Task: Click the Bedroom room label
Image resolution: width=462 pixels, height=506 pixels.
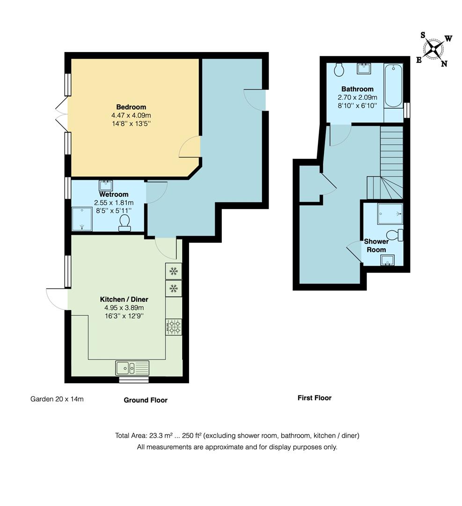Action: (131, 107)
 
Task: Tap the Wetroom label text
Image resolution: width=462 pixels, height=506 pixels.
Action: (113, 194)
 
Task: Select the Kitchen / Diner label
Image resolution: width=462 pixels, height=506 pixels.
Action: (124, 299)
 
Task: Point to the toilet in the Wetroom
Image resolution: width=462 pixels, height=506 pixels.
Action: (125, 223)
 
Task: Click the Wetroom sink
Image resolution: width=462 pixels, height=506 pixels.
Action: (106, 185)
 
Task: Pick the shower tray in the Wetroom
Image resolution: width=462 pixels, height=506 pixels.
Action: (82, 219)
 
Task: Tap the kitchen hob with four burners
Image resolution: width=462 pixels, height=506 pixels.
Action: (174, 327)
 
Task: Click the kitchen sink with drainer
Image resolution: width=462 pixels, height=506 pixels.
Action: (132, 368)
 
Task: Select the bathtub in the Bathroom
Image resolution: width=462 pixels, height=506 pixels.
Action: (393, 86)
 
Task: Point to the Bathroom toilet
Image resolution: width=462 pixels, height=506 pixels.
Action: (339, 69)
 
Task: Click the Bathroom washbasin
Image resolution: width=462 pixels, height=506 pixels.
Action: (364, 68)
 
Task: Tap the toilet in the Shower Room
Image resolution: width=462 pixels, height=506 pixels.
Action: (395, 235)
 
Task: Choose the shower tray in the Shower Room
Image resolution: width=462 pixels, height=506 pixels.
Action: (390, 214)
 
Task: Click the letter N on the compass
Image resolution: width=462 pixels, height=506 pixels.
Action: (444, 64)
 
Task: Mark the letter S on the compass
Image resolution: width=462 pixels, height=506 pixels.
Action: (423, 35)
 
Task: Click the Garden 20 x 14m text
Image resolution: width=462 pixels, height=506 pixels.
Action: (57, 399)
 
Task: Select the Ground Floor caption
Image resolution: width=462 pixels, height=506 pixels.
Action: (146, 400)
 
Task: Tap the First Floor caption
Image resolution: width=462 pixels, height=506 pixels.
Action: (315, 398)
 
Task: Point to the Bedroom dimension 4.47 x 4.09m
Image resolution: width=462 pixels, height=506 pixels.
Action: (131, 115)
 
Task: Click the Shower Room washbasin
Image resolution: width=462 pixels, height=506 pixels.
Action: (387, 260)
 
